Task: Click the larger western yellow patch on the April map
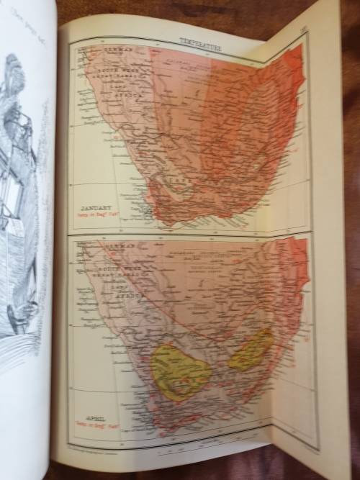click(x=180, y=371)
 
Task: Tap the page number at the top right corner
click(x=301, y=30)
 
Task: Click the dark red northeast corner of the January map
click(x=295, y=58)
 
